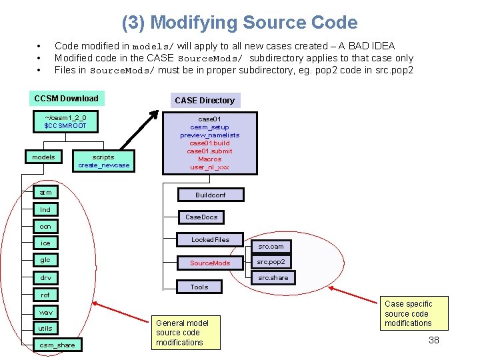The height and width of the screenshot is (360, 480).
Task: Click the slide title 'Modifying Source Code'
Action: pos(239,23)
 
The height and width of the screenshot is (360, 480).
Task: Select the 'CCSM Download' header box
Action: pos(66,99)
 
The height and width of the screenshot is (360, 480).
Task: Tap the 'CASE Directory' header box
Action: pos(205,101)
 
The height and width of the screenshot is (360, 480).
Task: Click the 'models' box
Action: pos(44,157)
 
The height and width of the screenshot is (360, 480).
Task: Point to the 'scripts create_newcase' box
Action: pos(104,161)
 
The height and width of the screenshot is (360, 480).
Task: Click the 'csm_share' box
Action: pos(57,345)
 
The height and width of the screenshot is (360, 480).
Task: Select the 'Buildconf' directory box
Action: pos(210,195)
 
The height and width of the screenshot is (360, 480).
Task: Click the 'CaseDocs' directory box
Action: pos(201,217)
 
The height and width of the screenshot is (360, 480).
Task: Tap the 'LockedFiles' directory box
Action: pos(210,240)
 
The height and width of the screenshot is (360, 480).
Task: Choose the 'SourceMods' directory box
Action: pos(210,263)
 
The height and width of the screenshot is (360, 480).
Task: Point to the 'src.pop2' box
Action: pos(271,262)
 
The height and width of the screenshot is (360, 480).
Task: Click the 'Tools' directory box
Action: pos(199,287)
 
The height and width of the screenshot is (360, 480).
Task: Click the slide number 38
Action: pos(433,341)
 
